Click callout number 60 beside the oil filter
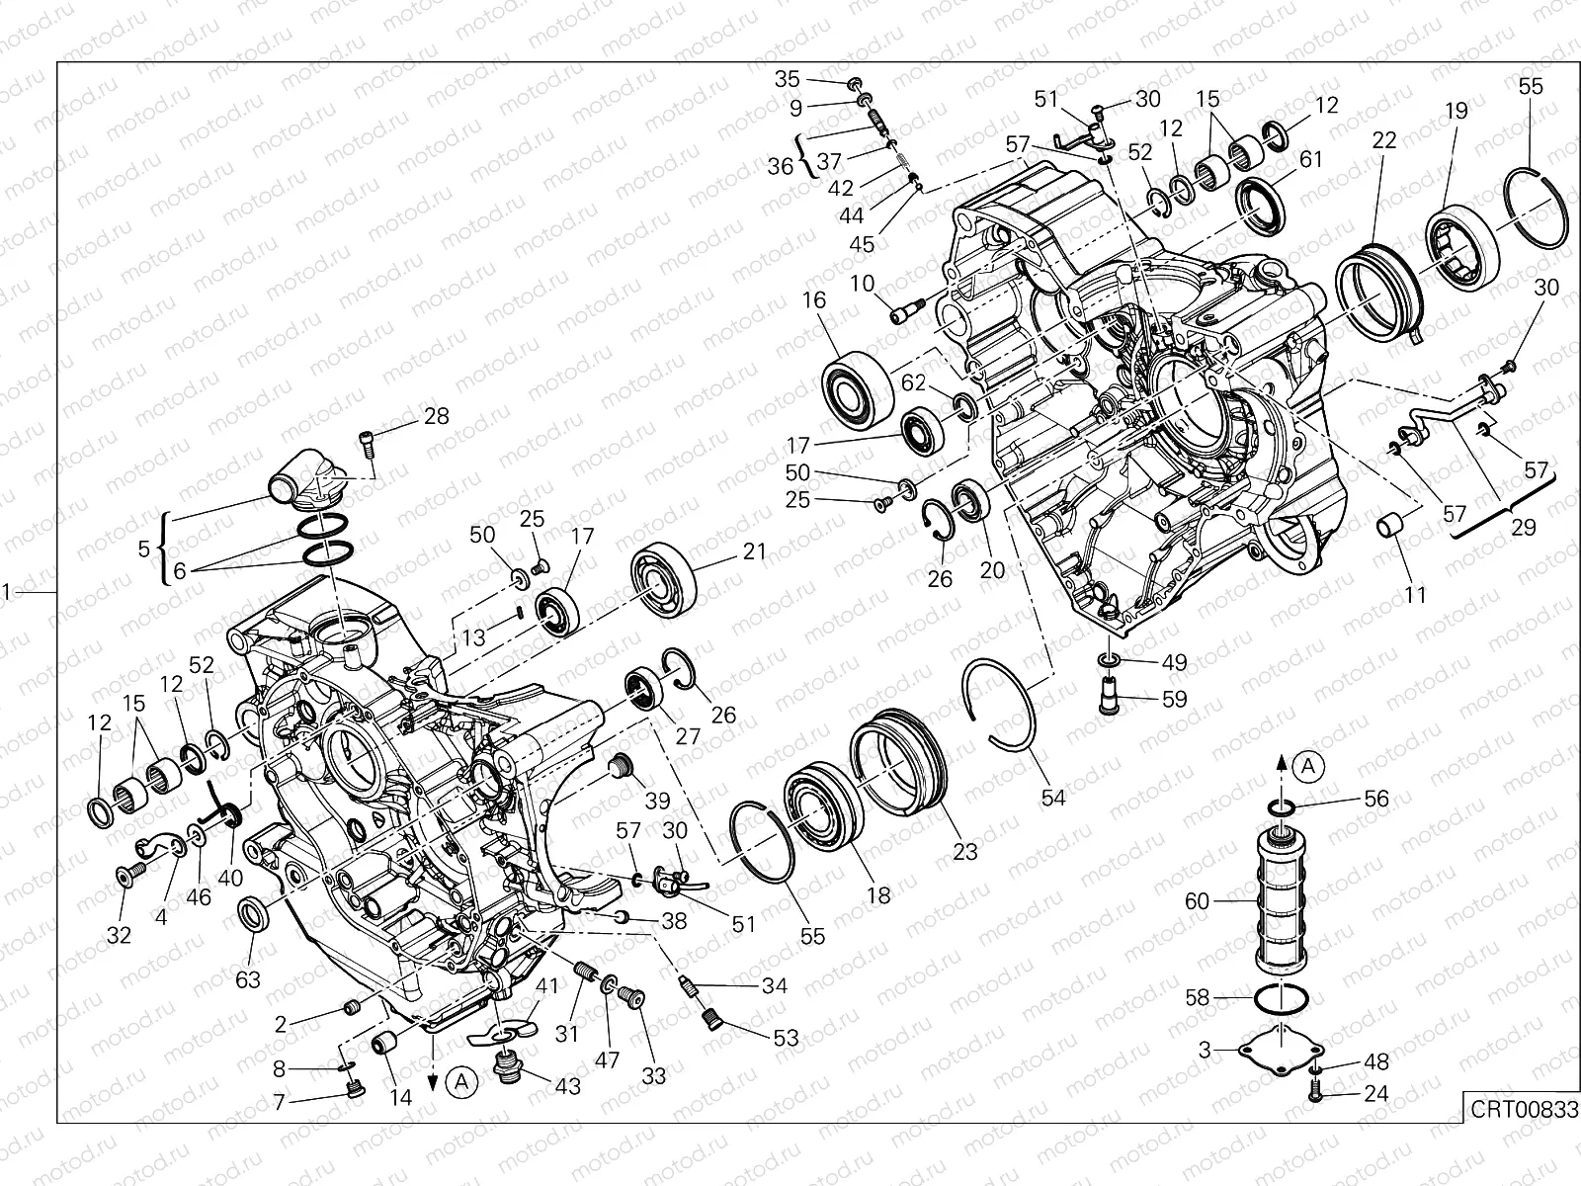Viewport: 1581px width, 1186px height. coord(1198,900)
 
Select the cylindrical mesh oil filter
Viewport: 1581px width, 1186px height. coord(1281,901)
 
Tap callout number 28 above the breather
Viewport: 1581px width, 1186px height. coord(436,416)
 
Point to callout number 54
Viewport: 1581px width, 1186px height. coord(1053,798)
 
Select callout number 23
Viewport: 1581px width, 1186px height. coord(964,851)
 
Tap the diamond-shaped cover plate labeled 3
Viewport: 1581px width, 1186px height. coord(1281,1049)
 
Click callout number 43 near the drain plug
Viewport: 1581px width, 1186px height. coord(568,1085)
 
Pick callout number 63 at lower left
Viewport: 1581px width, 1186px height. coord(248,978)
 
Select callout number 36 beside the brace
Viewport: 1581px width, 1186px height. coord(781,166)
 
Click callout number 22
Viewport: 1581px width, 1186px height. coord(1384,140)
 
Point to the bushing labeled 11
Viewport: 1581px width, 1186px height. coord(1391,525)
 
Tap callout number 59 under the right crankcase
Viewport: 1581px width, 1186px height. coord(1174,699)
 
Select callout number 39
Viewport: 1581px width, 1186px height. coord(657,800)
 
